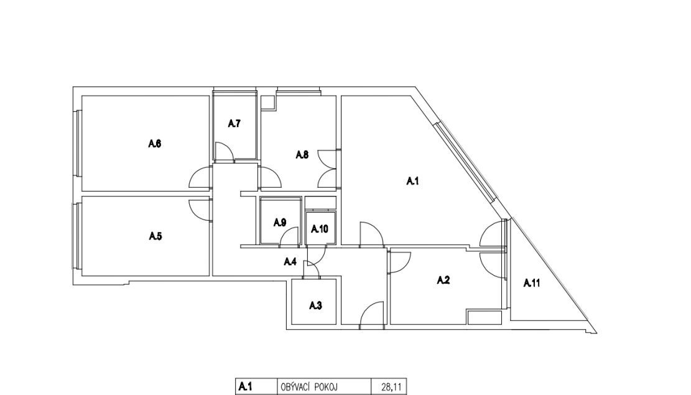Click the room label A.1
412,181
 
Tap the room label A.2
443,281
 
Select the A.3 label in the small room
316,305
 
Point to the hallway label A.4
290,262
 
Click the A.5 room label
155,236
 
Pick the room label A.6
155,144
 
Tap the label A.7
234,124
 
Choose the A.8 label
302,155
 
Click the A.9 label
279,223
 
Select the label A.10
320,229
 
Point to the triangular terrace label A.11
532,284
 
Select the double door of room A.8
327,168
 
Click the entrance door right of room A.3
371,315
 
